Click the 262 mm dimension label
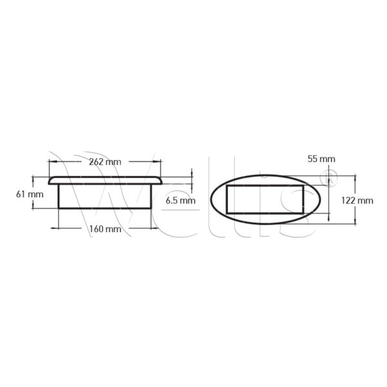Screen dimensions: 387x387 pyautogui.click(x=105, y=162)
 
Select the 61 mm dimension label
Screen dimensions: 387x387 pyautogui.click(x=30, y=195)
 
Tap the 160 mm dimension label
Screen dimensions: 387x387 pyautogui.click(x=105, y=229)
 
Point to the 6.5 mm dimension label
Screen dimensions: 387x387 pyautogui.click(x=181, y=201)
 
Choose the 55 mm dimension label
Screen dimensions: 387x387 pyautogui.click(x=321, y=159)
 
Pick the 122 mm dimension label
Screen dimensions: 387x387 pyautogui.click(x=357, y=201)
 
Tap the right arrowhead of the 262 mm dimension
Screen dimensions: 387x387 pyautogui.click(x=157, y=162)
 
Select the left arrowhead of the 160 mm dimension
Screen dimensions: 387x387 pyautogui.click(x=55, y=228)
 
